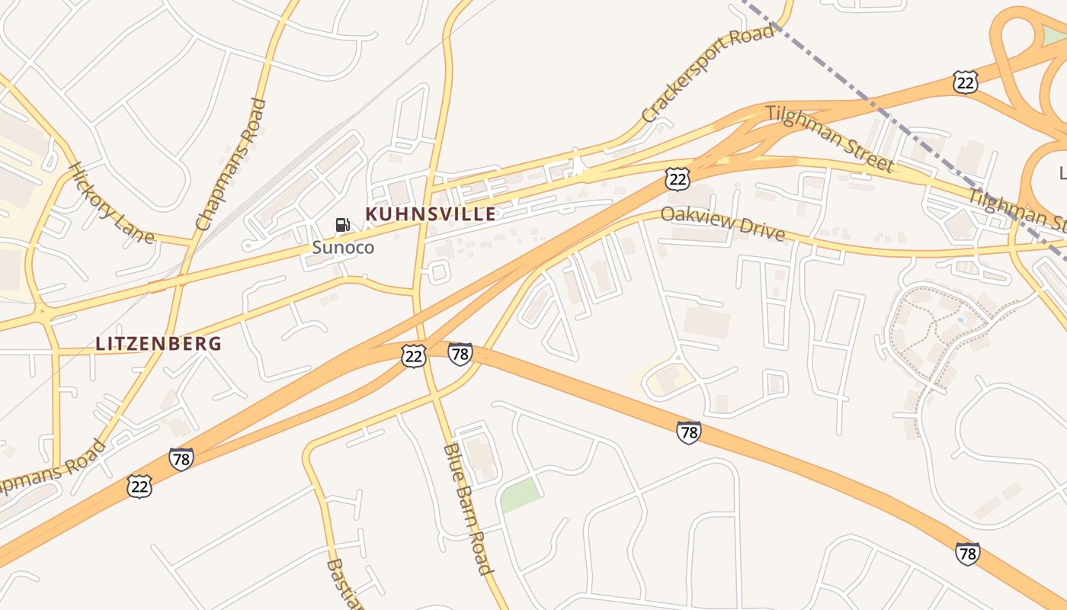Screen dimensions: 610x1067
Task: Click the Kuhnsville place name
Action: (x=431, y=214)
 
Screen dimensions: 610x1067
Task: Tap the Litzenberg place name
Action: (x=159, y=344)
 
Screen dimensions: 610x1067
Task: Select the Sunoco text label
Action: (x=343, y=247)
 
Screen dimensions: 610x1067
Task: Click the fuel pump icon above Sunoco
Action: (x=343, y=224)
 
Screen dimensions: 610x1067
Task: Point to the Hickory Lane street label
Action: (x=111, y=203)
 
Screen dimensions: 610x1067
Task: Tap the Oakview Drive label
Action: (x=723, y=223)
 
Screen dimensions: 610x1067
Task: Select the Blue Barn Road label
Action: (x=467, y=508)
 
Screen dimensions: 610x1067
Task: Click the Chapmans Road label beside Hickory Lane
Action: (x=231, y=165)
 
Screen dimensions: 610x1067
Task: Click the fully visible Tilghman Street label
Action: (x=829, y=138)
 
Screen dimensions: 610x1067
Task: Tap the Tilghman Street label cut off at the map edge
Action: (x=1017, y=210)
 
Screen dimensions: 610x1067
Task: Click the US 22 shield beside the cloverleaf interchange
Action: (x=965, y=82)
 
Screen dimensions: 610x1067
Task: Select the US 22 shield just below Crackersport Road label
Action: (x=677, y=179)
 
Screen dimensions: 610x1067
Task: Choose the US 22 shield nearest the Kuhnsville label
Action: (x=414, y=356)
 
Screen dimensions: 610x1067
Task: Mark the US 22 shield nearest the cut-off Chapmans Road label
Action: (x=139, y=486)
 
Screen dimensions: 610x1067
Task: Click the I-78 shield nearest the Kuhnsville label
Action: (x=460, y=354)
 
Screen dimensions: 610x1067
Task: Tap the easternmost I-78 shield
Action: (x=967, y=553)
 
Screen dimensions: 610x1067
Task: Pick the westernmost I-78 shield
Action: (x=181, y=459)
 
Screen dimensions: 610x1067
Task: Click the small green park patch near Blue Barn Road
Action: (x=520, y=496)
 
